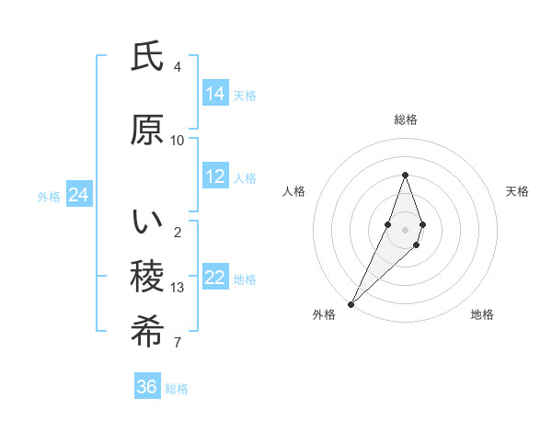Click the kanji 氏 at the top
click(x=147, y=57)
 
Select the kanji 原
click(x=147, y=131)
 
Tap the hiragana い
click(x=147, y=222)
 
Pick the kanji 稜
click(x=147, y=278)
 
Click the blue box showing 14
click(x=215, y=93)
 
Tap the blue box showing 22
click(x=215, y=277)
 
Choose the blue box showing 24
click(x=78, y=194)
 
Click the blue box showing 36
click(x=146, y=387)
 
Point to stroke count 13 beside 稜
click(x=178, y=288)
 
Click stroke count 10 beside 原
click(x=178, y=141)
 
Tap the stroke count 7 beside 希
click(x=178, y=343)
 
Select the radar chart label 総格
click(x=405, y=119)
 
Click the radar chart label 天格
click(x=517, y=191)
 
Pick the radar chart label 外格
click(x=324, y=314)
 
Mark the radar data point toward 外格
click(x=351, y=303)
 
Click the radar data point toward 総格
click(x=405, y=175)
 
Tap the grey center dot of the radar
click(x=405, y=229)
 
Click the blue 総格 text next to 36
click(x=177, y=389)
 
